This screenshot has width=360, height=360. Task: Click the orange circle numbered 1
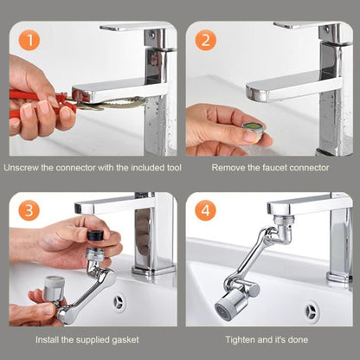point(29,40)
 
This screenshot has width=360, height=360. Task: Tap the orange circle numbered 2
point(205,40)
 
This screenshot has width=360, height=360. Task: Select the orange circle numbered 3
point(29,210)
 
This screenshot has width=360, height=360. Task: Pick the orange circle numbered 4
point(205,210)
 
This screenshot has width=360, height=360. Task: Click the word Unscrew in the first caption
point(21,168)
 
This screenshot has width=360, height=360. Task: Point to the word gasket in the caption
point(125,340)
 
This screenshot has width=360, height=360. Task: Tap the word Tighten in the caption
point(240,340)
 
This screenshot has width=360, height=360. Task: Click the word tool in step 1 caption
point(174,168)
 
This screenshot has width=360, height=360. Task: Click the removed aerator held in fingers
point(254,128)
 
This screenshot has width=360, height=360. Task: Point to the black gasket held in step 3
point(95,235)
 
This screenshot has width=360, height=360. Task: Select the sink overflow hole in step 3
point(119,303)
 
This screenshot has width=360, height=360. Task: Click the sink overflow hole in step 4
point(312,312)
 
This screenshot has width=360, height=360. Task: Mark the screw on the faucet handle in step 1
point(152,35)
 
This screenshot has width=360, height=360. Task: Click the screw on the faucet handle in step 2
point(326,29)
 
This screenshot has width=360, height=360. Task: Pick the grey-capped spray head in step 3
point(54,288)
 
